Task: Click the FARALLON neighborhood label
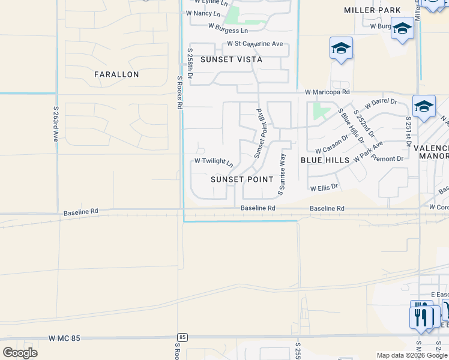coord(116,74)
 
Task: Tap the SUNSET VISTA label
coord(231,59)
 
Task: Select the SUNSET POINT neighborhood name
coord(242,179)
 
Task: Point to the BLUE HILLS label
coord(325,160)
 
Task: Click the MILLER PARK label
coord(372,10)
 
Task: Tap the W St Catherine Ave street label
coord(255,44)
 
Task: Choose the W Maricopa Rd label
coord(327,92)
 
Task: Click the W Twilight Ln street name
coord(213,161)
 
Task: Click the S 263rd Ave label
coord(55,125)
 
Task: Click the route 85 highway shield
coord(182,338)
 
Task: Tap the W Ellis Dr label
coord(324,187)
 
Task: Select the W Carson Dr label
coord(332,145)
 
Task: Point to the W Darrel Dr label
coord(384,102)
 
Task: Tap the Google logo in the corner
coord(20,352)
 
